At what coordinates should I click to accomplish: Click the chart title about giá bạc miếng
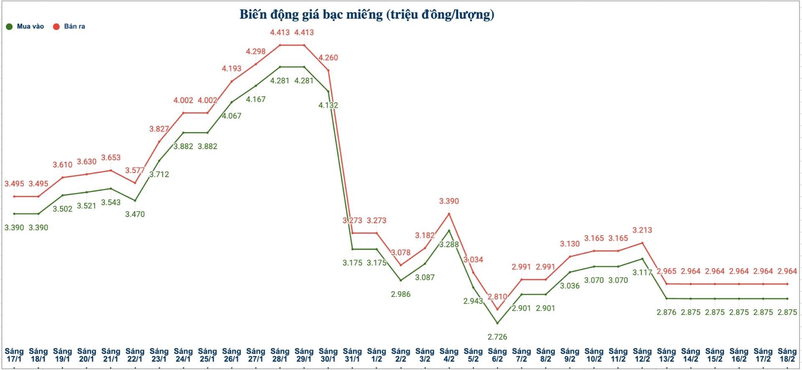click(367, 15)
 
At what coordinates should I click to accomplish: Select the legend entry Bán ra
click(69, 26)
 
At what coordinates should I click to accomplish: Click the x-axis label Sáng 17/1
click(14, 355)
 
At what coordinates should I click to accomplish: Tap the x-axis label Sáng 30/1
click(328, 355)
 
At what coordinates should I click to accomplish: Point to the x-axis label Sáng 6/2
click(497, 355)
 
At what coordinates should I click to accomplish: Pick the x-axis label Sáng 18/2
click(787, 355)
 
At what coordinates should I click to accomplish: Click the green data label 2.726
click(497, 337)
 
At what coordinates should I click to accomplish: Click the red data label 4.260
click(328, 58)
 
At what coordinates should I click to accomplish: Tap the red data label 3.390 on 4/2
click(449, 201)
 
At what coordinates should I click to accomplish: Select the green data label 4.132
click(328, 105)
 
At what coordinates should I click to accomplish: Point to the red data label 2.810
click(497, 297)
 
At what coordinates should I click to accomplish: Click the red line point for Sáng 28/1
click(280, 45)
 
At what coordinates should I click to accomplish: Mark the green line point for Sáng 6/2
click(497, 323)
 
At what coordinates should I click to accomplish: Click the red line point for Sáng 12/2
click(642, 243)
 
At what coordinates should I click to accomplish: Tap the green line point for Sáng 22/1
click(135, 200)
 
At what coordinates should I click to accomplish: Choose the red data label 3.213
click(642, 230)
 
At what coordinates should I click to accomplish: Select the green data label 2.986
click(401, 294)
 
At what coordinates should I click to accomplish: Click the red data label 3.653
click(111, 157)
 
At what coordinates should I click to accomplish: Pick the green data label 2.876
click(666, 312)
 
